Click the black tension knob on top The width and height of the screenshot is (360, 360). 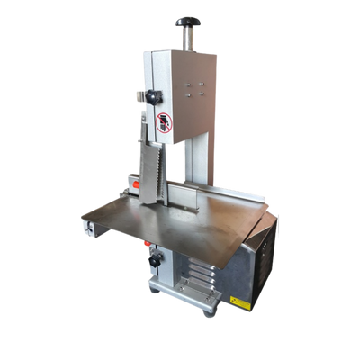pyautogui.click(x=188, y=20)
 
